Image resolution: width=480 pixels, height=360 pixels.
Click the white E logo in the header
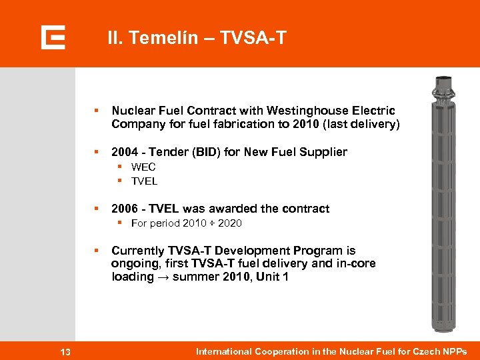click(53, 37)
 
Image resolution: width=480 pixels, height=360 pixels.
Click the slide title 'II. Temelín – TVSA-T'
click(197, 38)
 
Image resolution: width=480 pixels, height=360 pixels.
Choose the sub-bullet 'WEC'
click(143, 167)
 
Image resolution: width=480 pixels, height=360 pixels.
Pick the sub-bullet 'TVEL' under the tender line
click(144, 181)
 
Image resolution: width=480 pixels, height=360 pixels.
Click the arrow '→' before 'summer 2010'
click(163, 277)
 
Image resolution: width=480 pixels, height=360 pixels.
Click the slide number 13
click(65, 352)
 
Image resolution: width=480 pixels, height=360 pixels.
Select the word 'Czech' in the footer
click(424, 351)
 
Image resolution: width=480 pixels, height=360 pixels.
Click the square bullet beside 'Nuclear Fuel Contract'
click(97, 111)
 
